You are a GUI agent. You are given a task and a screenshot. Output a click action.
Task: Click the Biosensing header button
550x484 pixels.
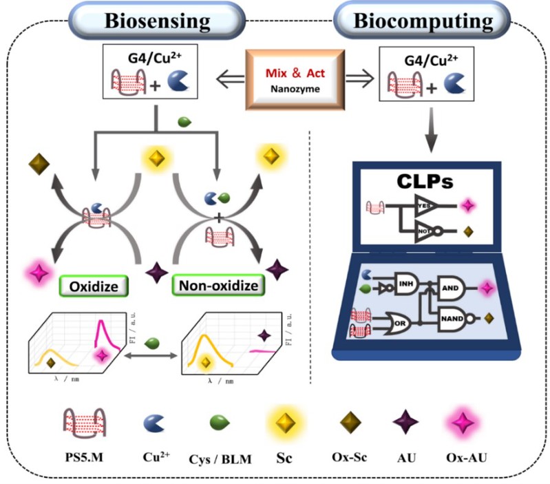click(x=157, y=21)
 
